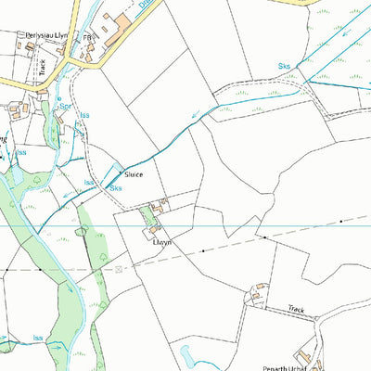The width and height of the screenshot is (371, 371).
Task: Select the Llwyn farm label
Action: click(x=163, y=240)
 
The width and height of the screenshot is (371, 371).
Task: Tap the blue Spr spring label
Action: click(x=65, y=107)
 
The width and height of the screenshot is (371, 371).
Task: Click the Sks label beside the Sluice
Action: click(x=116, y=188)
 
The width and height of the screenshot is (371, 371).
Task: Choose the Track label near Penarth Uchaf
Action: click(x=296, y=309)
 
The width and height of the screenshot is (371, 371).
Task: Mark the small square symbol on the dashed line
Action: click(x=119, y=268)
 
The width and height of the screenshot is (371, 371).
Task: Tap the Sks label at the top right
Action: click(x=285, y=66)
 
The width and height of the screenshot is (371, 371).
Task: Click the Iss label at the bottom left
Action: click(x=38, y=339)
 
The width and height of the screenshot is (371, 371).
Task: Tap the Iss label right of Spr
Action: click(x=84, y=116)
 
